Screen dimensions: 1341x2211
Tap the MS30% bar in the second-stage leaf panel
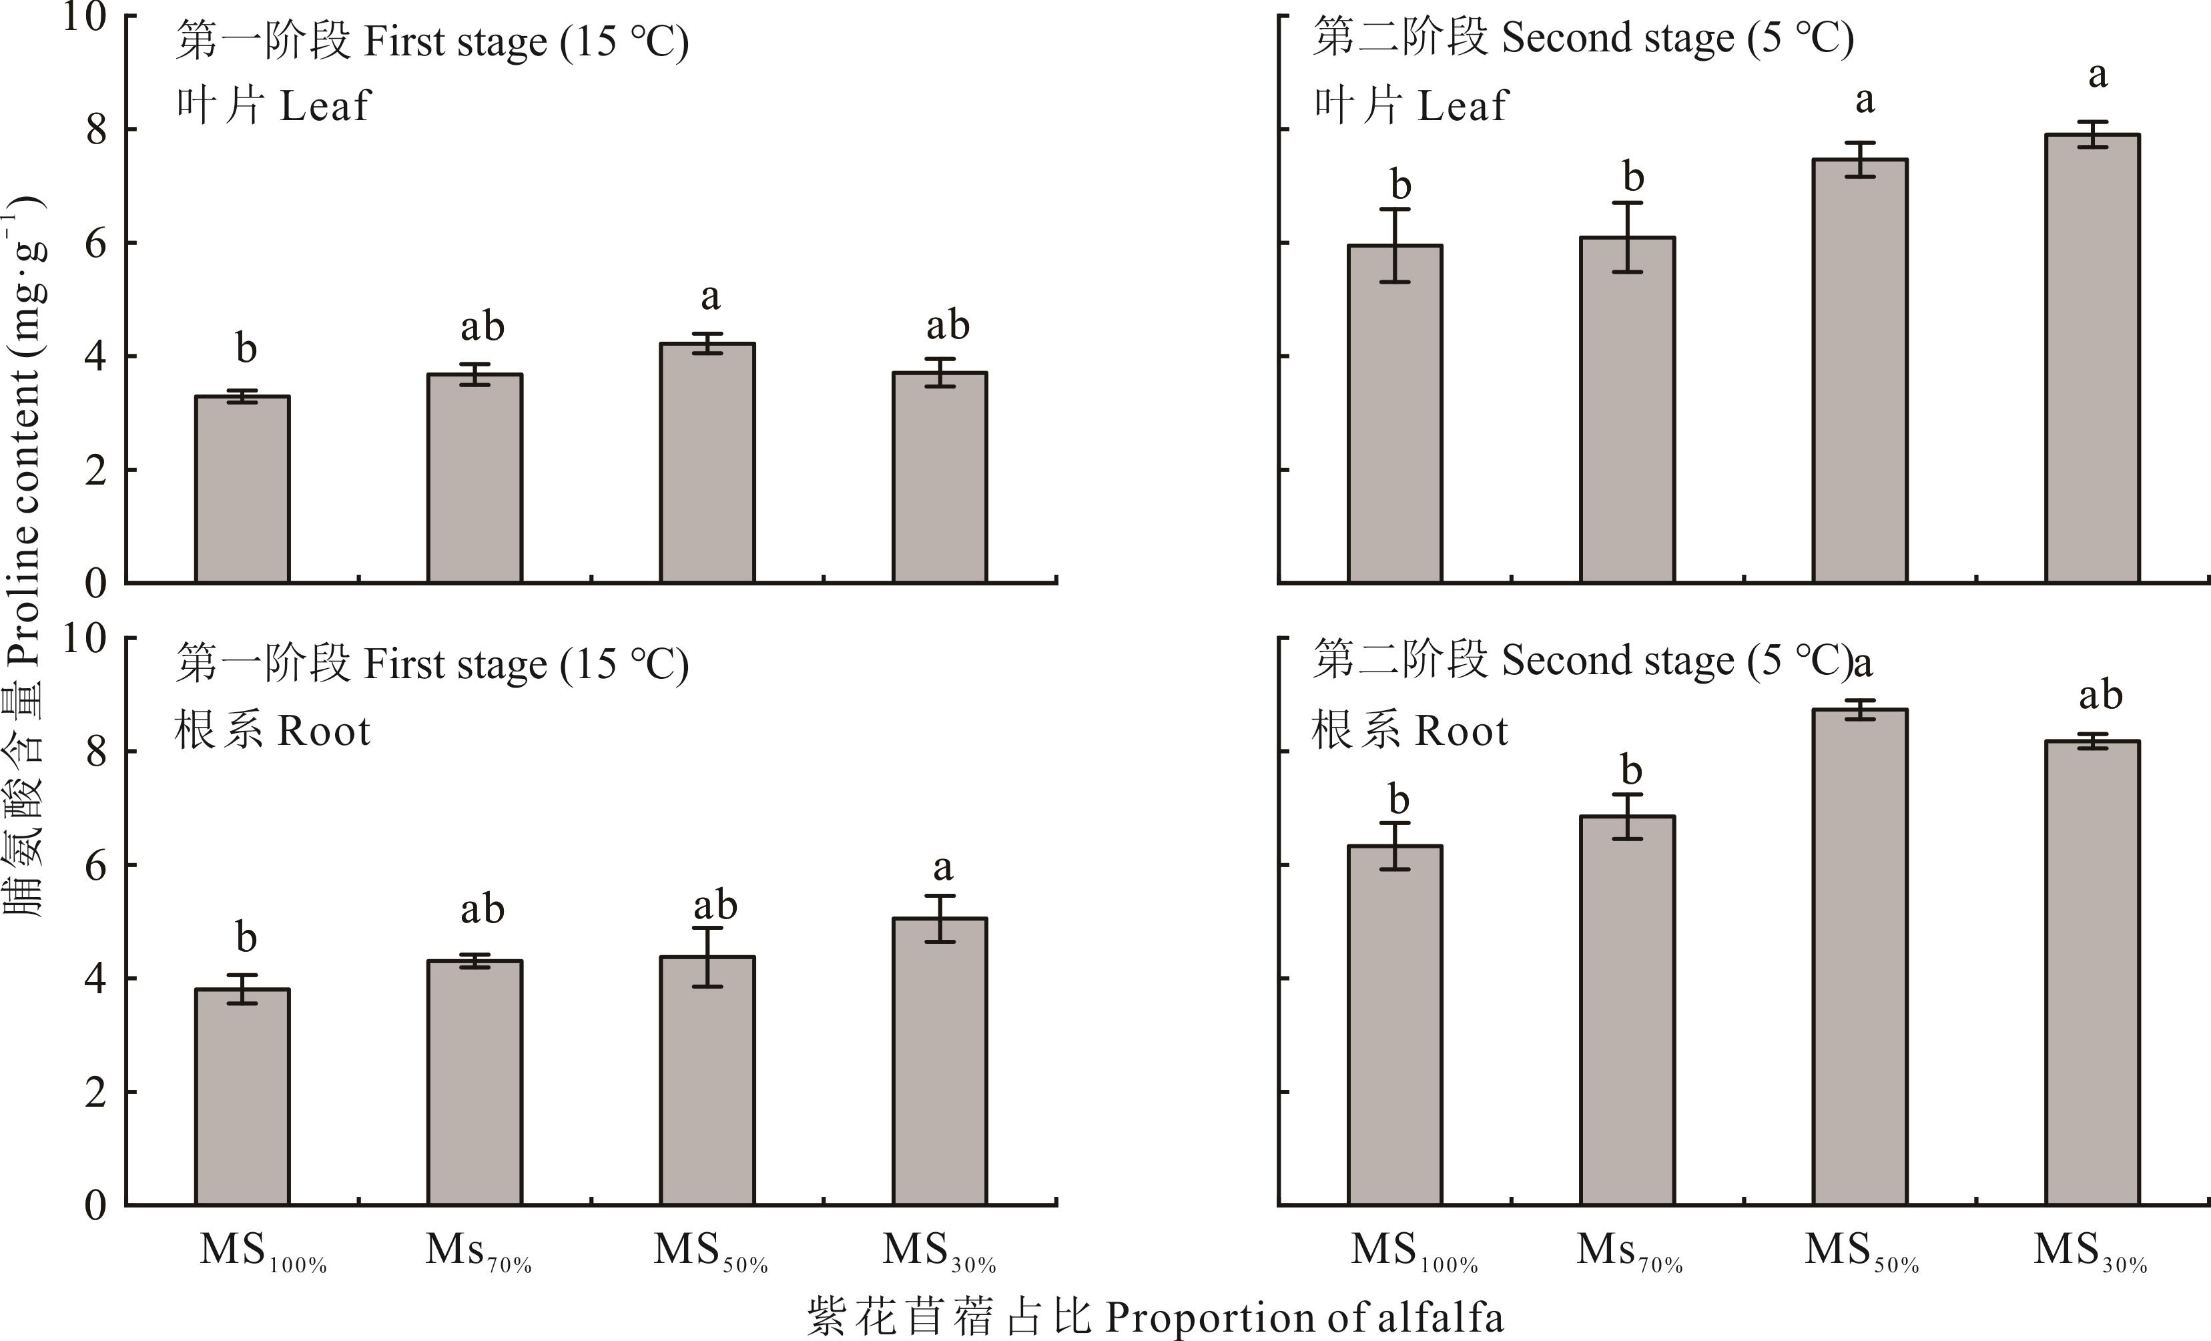click(2092, 359)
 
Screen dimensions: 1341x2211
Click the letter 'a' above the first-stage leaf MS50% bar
click(710, 296)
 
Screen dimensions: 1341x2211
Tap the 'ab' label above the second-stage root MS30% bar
click(2100, 695)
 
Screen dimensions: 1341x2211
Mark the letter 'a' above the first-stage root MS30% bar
click(942, 867)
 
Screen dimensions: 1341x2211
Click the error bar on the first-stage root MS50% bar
click(707, 957)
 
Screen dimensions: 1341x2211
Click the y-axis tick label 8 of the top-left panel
click(96, 130)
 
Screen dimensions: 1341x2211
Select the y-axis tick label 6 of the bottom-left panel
click(96, 865)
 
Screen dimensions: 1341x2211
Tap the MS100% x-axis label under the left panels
click(262, 1252)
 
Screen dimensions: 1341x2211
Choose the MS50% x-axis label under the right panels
click(1861, 1252)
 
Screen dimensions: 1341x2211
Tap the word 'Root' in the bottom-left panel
click(323, 732)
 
